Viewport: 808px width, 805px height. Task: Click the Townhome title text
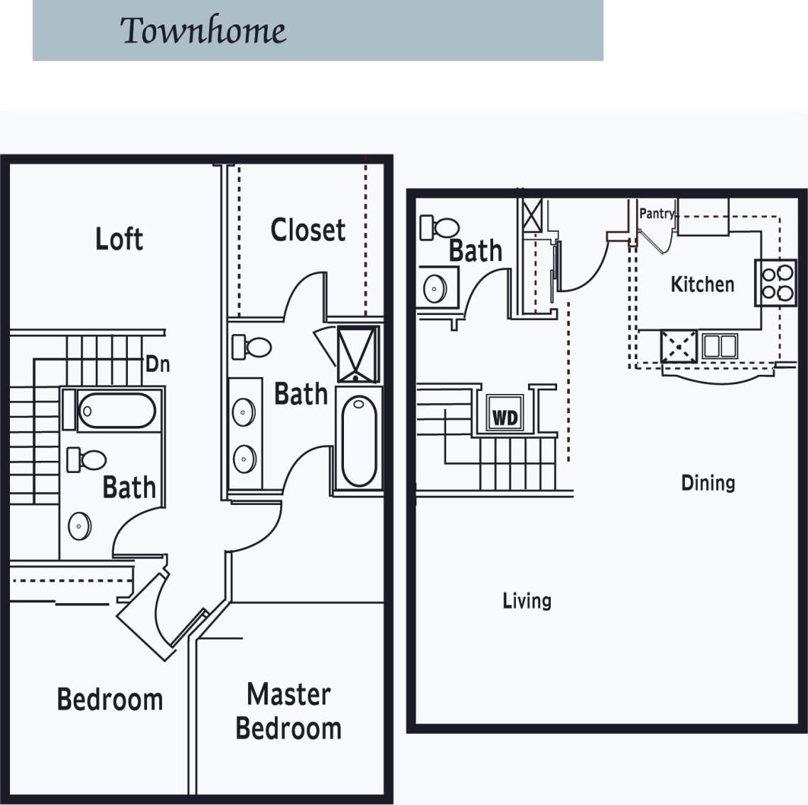coord(203,31)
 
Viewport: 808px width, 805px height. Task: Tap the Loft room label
coord(119,239)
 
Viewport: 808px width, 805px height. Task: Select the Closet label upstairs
coord(308,230)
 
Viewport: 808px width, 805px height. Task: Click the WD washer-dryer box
coord(505,417)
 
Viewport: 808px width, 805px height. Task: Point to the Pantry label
coord(656,213)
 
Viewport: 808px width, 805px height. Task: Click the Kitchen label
coord(702,284)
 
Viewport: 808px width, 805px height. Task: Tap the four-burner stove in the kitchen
coord(775,282)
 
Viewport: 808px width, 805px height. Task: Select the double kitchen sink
coord(719,346)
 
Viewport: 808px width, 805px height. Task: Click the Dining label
coord(708,483)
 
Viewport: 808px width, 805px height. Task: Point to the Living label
coord(527,601)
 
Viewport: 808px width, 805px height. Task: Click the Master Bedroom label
coord(289,711)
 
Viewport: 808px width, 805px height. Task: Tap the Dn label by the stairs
coord(158,364)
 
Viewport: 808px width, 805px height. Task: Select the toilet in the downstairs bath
coord(441,228)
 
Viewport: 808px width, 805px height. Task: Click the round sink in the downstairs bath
coord(435,289)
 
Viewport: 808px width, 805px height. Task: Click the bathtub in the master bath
coord(359,441)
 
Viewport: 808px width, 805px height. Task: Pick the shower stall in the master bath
coord(358,354)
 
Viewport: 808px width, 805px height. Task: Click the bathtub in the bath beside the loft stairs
coord(117,410)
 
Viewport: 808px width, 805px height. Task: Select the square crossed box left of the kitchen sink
coord(678,347)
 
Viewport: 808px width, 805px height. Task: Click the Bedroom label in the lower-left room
coord(110,699)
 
